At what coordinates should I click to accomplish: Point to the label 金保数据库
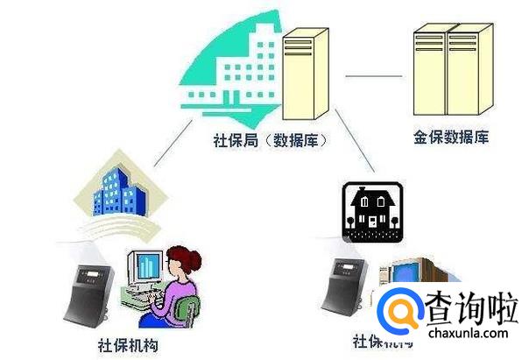pos(450,137)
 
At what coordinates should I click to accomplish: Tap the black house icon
pos(372,211)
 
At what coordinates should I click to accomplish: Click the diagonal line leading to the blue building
pos(171,145)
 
